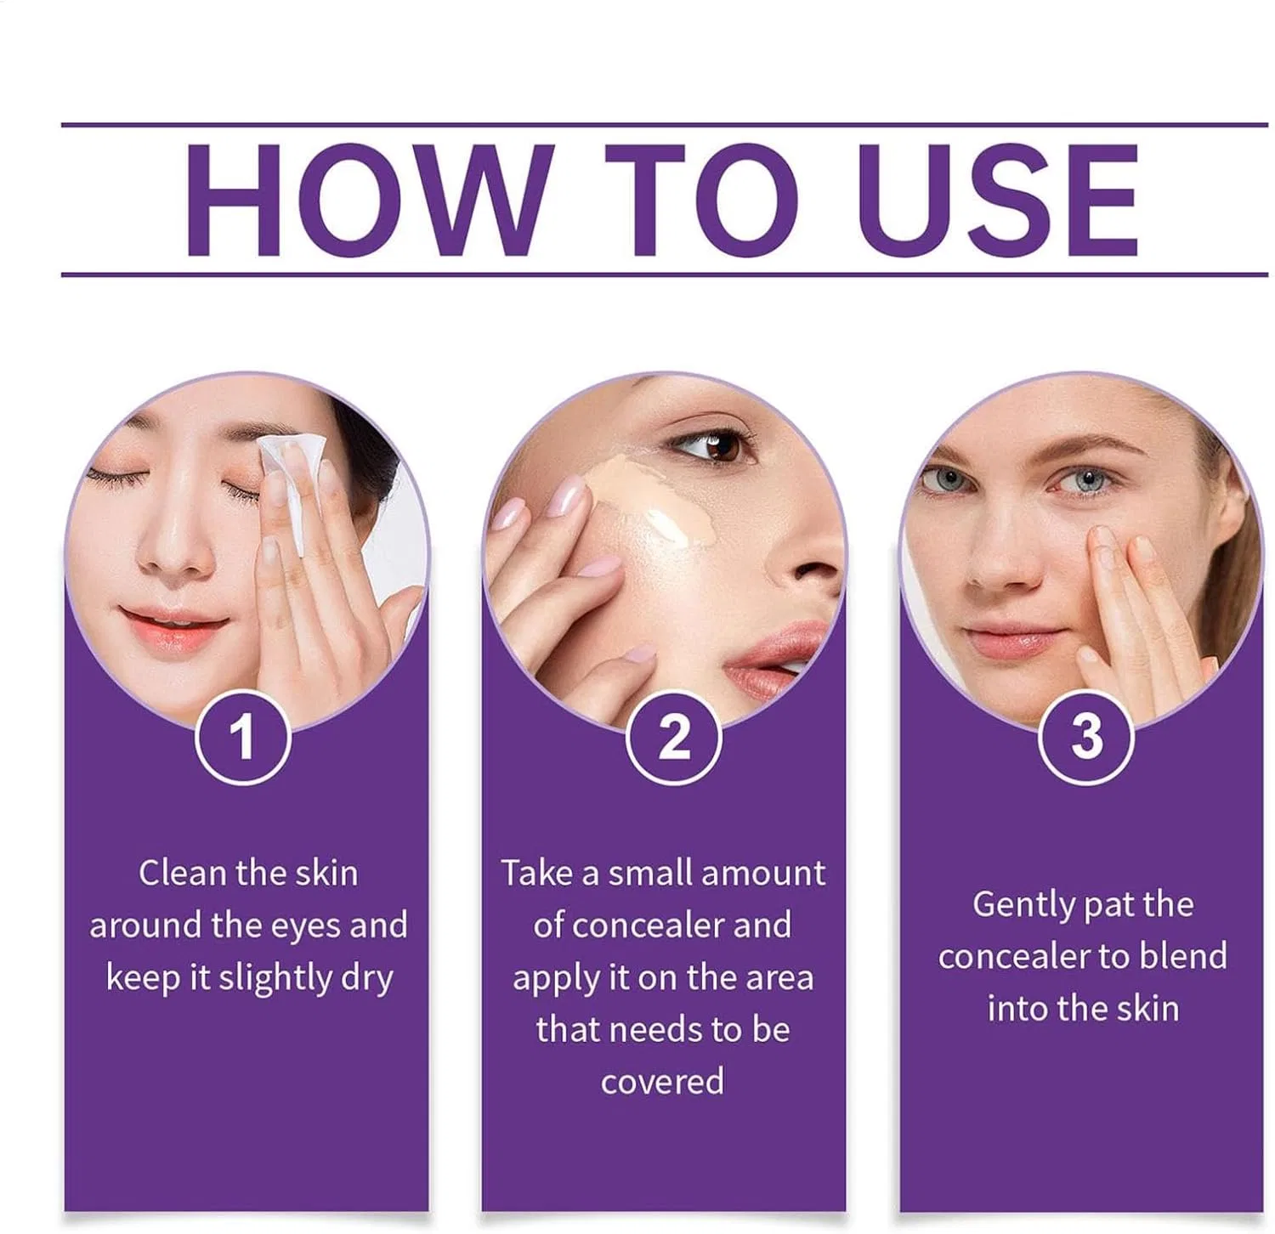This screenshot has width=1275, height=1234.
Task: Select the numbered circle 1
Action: coord(243,737)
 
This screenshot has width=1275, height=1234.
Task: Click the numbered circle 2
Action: coord(673,737)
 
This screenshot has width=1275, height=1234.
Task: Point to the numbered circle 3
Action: coord(1086,737)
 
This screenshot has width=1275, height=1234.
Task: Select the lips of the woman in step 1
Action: coord(173,626)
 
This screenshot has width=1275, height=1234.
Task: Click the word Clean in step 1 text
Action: coord(183,873)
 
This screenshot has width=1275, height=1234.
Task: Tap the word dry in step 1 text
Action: coord(367,979)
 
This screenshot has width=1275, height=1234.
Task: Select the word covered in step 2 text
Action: coord(663,1082)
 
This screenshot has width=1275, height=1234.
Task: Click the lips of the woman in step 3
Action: coord(1011,640)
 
